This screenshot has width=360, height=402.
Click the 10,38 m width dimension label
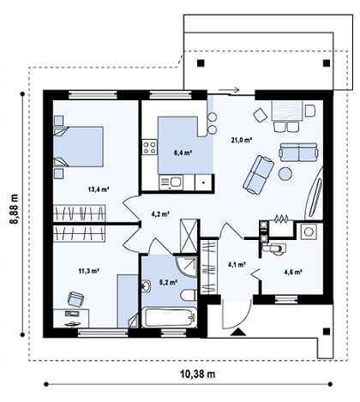(198, 374)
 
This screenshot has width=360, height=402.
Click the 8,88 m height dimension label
(15, 209)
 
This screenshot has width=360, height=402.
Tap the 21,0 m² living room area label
(242, 140)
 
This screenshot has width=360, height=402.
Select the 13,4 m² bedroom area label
(99, 189)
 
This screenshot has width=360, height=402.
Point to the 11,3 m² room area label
(89, 271)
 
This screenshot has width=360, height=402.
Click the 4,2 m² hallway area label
(160, 213)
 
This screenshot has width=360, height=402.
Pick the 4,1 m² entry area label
(237, 265)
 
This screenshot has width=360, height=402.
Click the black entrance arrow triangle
(239, 332)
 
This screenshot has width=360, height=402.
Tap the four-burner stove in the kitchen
(150, 147)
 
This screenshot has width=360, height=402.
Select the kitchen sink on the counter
(171, 183)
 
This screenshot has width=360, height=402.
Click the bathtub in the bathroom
(170, 318)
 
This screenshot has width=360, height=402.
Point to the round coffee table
(285, 173)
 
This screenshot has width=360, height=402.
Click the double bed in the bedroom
(78, 147)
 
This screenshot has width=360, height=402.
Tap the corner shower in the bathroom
(186, 267)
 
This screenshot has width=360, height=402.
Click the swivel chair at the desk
(75, 299)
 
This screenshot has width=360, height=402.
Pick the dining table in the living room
(287, 111)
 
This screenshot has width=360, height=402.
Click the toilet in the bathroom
(189, 295)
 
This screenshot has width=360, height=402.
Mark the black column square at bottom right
(327, 332)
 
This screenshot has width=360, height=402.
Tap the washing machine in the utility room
(309, 231)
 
